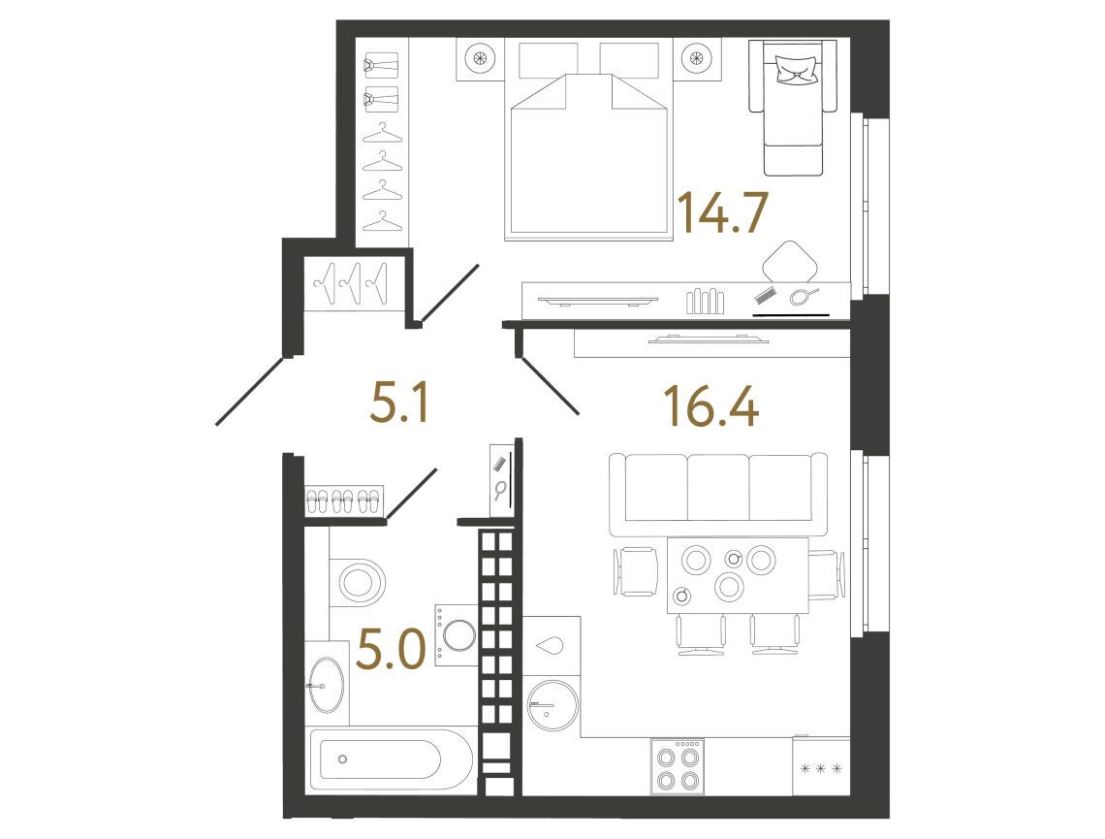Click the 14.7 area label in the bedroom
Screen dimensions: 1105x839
721,212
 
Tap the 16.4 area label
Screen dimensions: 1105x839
711,407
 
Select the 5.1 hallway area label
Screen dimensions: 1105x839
399,403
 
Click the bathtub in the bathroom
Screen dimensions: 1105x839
391,760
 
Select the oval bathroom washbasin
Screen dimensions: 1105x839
326,685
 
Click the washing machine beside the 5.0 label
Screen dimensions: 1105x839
457,635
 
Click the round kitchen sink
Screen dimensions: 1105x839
553,705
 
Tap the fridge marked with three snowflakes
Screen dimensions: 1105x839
821,767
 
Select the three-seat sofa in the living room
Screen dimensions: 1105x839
718,495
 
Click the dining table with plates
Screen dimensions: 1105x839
738,575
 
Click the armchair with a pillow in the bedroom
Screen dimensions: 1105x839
793,107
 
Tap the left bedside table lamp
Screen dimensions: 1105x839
480,59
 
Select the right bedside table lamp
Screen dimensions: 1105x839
697,59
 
